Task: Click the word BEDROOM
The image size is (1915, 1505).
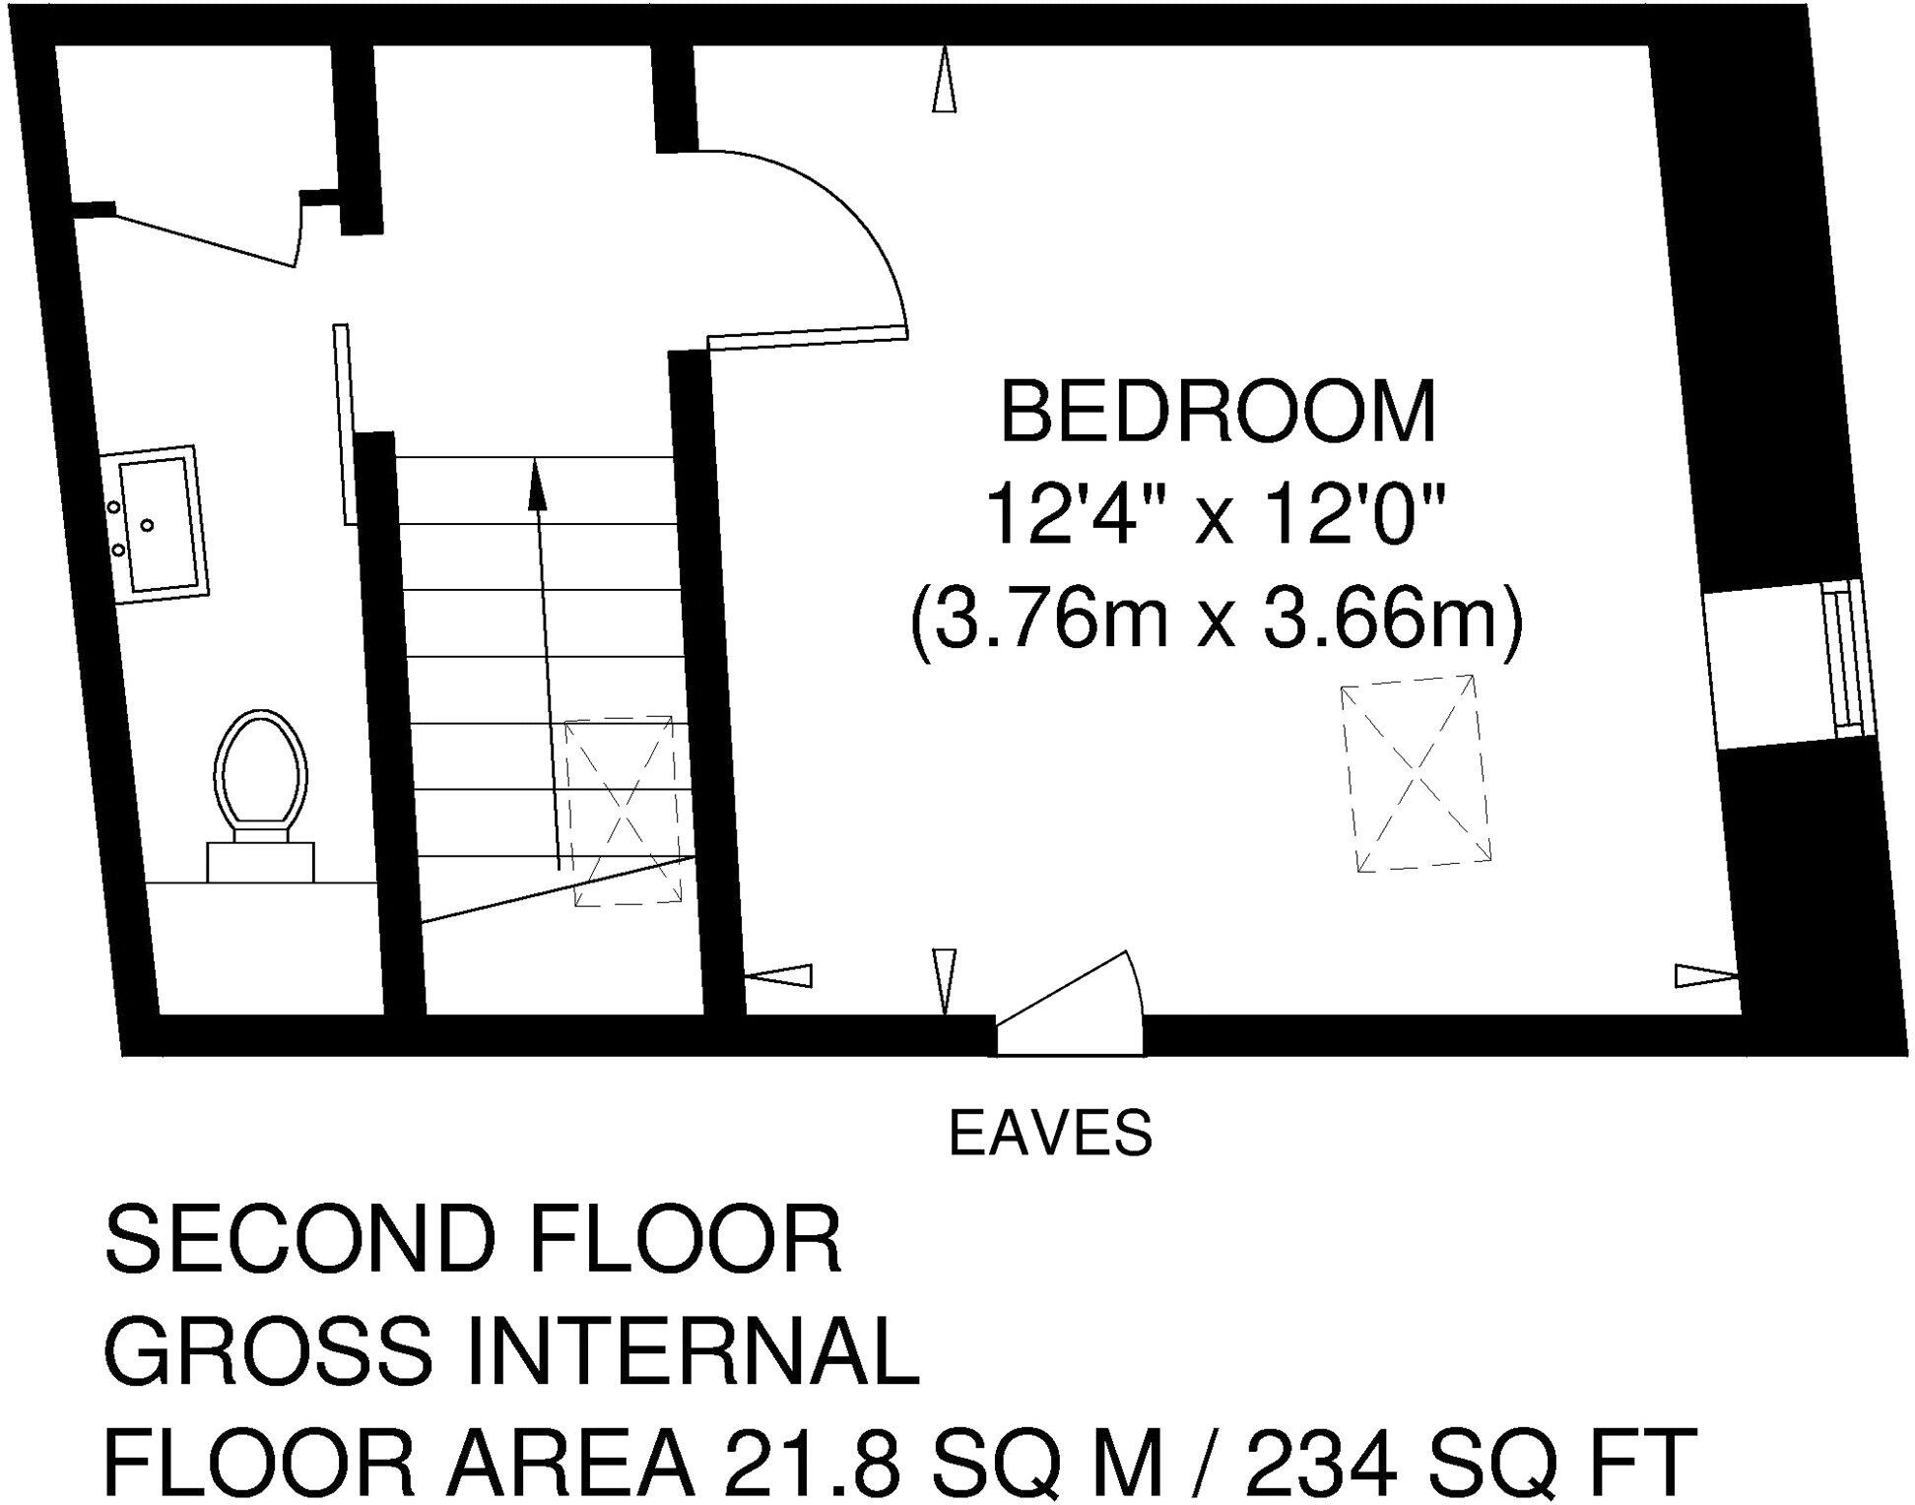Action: coord(1219,414)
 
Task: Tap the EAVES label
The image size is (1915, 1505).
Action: coord(1050,1133)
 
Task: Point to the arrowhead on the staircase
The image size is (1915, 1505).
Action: coord(537,485)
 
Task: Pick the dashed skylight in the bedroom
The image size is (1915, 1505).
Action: coord(1416,772)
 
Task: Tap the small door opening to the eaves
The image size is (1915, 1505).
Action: coord(1070,1005)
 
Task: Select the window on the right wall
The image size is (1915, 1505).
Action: coord(1844,657)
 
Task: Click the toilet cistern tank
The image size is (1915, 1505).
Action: coord(260,862)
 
